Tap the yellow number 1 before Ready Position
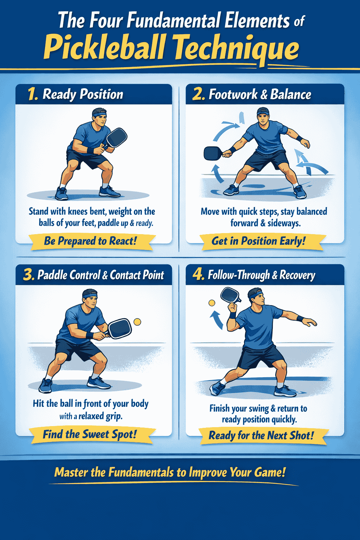[33, 94]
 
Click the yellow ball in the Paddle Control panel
[137, 322]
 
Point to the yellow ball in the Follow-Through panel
[212, 303]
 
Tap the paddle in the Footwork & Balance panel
[213, 153]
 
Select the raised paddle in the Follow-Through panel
[231, 295]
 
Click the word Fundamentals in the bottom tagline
[141, 472]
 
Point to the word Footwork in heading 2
[233, 94]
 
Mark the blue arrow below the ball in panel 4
[217, 319]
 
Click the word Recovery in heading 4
[297, 275]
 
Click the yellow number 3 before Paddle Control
[29, 275]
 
